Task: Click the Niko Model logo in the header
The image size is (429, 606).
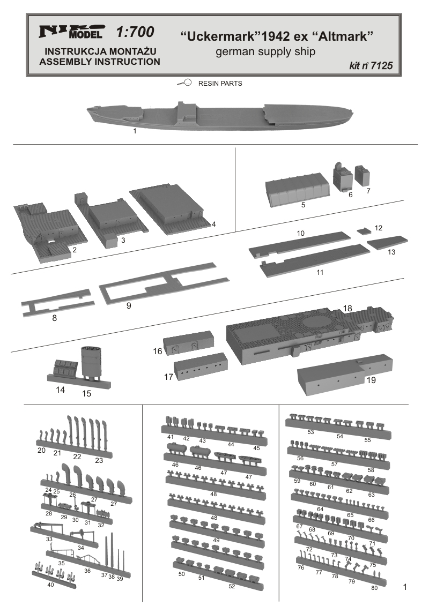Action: [71, 32]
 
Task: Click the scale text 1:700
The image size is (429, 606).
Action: [135, 32]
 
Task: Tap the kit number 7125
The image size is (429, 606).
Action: [381, 66]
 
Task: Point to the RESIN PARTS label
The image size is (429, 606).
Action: [220, 83]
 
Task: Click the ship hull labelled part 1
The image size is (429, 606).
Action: [220, 115]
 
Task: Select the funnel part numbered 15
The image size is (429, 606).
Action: [91, 363]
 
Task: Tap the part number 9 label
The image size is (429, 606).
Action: [129, 306]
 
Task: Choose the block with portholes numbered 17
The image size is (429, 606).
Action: [201, 366]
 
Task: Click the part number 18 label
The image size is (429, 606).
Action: [347, 308]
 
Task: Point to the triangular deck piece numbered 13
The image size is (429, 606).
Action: [387, 242]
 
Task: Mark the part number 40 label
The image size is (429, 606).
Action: [50, 585]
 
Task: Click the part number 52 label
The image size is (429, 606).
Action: [232, 586]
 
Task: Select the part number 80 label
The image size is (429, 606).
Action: [374, 588]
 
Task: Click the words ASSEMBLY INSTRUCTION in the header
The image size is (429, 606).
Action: [100, 62]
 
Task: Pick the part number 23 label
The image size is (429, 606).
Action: [99, 460]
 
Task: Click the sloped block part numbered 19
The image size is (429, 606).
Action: [345, 373]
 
